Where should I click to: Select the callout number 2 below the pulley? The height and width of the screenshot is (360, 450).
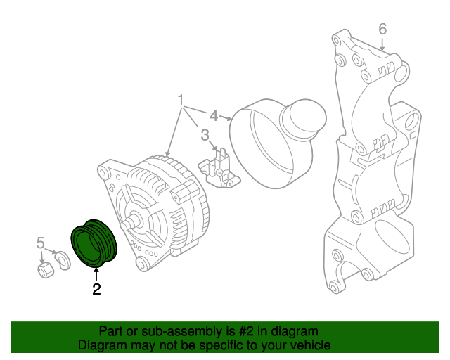tap(96, 288)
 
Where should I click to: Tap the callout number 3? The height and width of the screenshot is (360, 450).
tap(205, 134)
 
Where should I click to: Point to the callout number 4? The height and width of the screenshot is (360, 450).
tap(214, 113)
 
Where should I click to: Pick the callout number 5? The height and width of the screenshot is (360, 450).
tap(41, 243)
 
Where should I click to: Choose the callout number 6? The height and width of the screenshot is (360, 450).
tap(382, 29)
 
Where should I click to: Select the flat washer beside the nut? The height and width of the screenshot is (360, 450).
tap(63, 261)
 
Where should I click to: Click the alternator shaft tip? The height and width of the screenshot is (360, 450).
tap(127, 226)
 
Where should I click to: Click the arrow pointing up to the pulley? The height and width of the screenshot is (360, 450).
tap(96, 273)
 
